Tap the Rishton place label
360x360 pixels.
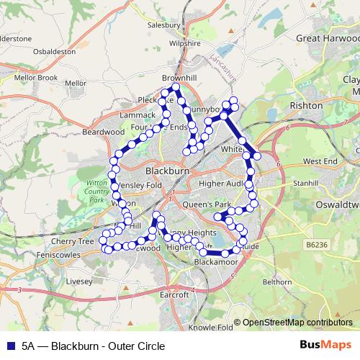(x=305, y=105)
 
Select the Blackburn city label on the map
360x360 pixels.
(x=167, y=172)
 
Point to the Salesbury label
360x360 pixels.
(x=163, y=24)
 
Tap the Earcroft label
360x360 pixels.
(x=175, y=294)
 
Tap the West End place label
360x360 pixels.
(x=320, y=161)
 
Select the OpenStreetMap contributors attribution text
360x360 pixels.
(x=297, y=323)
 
